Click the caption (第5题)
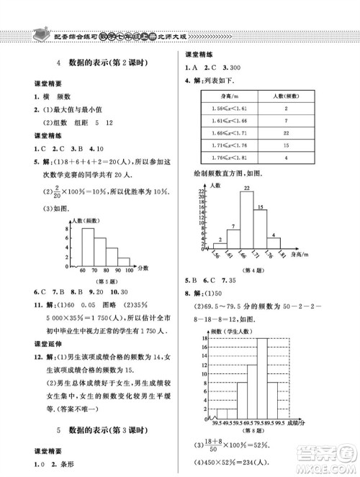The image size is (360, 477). [x=102, y=281]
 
